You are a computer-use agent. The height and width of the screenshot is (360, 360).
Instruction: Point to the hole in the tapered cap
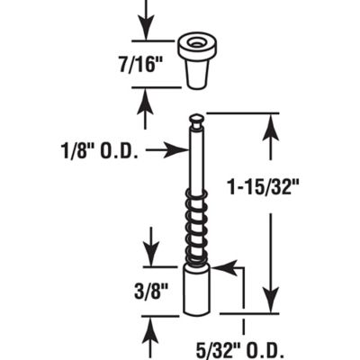click(x=195, y=42)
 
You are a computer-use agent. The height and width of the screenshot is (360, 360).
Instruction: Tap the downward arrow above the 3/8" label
click(x=149, y=247)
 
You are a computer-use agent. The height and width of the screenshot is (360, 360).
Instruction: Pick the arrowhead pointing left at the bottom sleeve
click(x=221, y=267)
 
